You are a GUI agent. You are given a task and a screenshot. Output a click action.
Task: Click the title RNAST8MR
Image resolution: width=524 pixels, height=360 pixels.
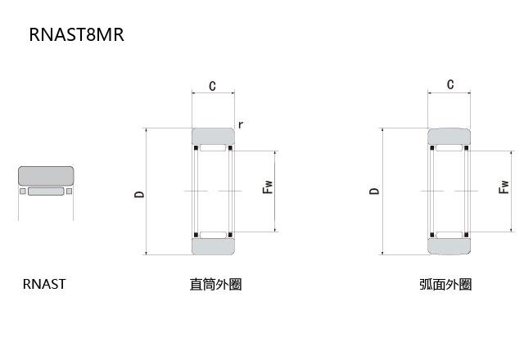(76, 35)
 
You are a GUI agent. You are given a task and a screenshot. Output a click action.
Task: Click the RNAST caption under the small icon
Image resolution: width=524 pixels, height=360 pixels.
(44, 285)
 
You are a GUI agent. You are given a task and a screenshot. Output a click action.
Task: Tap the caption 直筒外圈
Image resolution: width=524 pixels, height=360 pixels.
(215, 285)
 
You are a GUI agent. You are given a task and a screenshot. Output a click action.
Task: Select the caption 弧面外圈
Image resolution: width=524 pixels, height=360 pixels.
(445, 285)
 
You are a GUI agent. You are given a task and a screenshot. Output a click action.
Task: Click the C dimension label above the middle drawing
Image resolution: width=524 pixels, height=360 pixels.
(212, 86)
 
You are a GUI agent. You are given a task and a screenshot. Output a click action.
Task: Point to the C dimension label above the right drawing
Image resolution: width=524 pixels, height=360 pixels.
(449, 85)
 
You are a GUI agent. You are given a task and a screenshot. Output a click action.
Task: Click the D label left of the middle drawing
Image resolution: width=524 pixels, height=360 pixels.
(139, 194)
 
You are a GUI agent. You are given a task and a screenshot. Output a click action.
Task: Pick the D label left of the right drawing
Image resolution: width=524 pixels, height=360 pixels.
(374, 191)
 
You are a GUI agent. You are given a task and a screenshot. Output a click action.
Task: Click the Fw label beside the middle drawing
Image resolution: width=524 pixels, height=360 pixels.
(266, 187)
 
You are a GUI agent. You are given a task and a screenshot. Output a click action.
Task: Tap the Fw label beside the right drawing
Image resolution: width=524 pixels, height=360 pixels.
(504, 187)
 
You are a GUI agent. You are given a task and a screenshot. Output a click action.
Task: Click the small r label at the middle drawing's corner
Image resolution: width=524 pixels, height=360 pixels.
(240, 124)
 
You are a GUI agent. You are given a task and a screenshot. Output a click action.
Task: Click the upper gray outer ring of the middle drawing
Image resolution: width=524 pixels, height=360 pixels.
(213, 137)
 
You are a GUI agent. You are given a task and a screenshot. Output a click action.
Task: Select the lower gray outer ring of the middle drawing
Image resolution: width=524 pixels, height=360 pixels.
(213, 245)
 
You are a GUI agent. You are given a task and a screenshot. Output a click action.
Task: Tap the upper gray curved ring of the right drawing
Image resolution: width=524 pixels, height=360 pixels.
(449, 137)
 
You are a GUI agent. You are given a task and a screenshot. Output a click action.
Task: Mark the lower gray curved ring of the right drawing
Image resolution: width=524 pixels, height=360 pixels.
(449, 245)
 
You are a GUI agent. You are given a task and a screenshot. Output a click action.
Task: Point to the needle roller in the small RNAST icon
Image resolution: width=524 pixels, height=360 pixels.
(46, 192)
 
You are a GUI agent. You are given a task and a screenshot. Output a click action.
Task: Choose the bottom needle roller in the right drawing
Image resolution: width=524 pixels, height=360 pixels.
(449, 235)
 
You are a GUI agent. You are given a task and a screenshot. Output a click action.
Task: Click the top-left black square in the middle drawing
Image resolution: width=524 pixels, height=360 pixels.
(196, 148)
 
